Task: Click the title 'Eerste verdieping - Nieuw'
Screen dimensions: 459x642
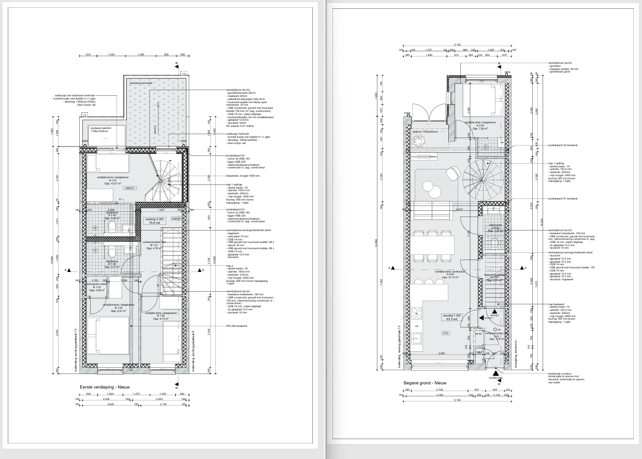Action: (105, 387)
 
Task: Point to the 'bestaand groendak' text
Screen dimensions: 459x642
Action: (141, 83)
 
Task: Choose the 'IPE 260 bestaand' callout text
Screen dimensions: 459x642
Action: (237, 326)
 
